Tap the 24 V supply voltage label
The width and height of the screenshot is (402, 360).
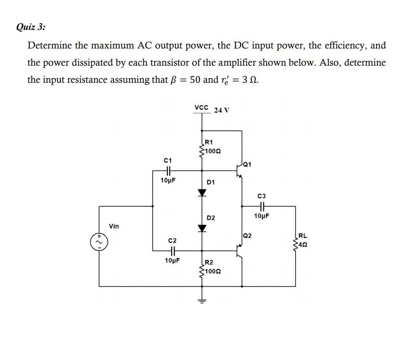click(x=222, y=110)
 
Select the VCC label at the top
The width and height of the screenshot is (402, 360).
click(x=201, y=107)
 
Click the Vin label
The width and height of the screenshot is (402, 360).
click(x=114, y=226)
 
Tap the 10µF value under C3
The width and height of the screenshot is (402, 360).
click(x=263, y=216)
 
